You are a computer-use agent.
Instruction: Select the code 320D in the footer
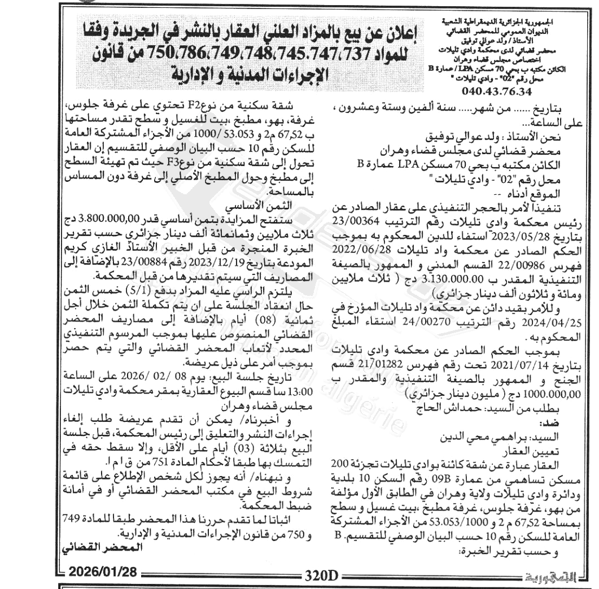click(x=320, y=575)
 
